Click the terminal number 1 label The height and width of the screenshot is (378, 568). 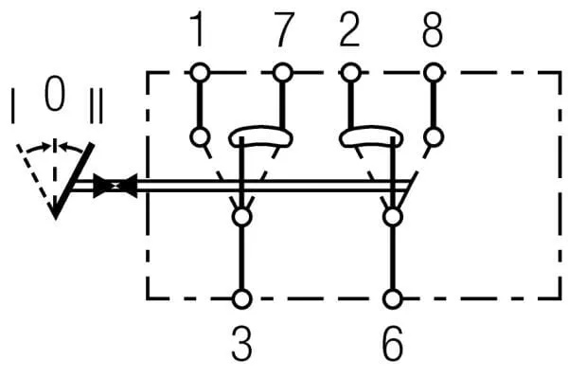198,29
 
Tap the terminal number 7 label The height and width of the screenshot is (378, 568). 282,29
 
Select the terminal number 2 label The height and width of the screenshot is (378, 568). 350,29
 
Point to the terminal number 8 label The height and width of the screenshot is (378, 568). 434,29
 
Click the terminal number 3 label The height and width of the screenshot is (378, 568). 242,343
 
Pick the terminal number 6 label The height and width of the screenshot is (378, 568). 393,343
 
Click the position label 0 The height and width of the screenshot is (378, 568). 55,93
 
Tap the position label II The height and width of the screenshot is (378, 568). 96,106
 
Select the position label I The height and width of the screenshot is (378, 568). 13,106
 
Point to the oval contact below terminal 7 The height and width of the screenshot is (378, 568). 261,129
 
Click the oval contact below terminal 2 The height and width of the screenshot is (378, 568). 371,129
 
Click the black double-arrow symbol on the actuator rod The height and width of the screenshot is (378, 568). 115,186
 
